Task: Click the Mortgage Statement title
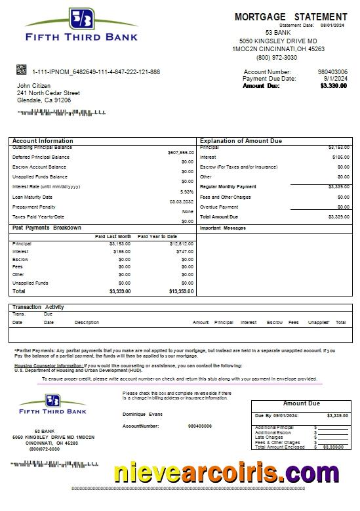tap(290, 16)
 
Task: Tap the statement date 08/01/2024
tap(332, 25)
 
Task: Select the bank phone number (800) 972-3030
tap(277, 58)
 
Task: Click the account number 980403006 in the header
tap(332, 72)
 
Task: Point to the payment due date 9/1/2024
tap(334, 79)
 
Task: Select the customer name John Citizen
tap(33, 86)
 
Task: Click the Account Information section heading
tap(43, 141)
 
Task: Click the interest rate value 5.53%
tap(186, 192)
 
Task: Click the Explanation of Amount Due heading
tap(241, 141)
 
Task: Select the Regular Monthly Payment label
tap(228, 187)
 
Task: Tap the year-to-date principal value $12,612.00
tap(181, 244)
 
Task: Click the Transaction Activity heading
tap(38, 307)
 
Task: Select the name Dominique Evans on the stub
tap(142, 414)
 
